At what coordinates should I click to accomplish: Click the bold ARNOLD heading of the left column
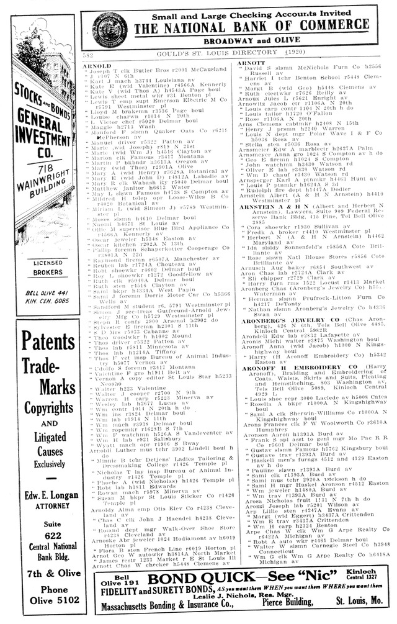point(97,65)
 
